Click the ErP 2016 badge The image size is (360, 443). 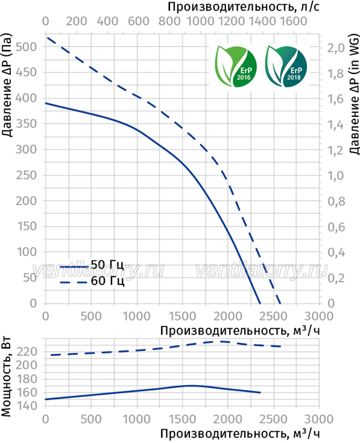tap(236, 66)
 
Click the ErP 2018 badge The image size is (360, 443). tap(286, 66)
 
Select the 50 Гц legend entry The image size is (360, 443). tap(92, 265)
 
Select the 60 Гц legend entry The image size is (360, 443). tap(92, 281)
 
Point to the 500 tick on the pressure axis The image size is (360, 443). tap(26, 46)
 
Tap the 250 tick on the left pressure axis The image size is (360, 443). tap(26, 175)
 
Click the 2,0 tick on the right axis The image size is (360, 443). tap(336, 48)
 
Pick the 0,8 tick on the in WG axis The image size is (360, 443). tap(336, 201)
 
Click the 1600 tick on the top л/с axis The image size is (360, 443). tap(294, 21)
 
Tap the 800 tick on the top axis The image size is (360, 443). tap(169, 21)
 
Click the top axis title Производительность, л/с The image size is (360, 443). tap(244, 7)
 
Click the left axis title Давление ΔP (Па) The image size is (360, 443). tap(7, 85)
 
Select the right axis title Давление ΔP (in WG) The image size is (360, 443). tap(354, 94)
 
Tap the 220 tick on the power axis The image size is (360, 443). tap(27, 352)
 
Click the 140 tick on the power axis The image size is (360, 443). tap(27, 406)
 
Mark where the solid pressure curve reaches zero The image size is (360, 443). tap(260, 304)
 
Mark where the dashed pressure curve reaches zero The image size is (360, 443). tap(280, 304)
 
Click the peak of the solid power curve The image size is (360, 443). tap(190, 385)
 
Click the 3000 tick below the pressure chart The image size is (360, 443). tap(320, 316)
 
